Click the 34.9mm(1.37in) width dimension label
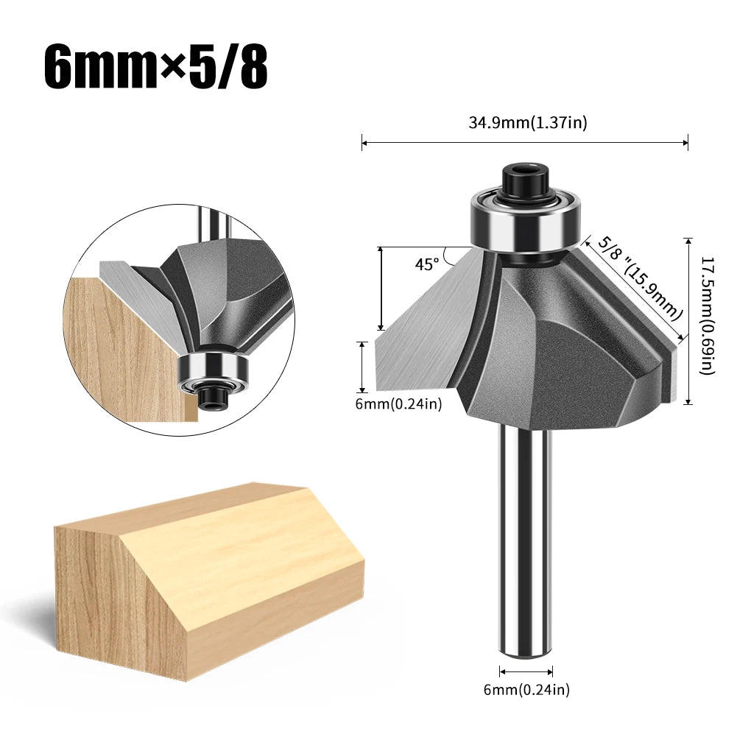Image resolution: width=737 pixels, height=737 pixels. coord(528,123)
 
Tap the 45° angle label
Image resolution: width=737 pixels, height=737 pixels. coord(426,264)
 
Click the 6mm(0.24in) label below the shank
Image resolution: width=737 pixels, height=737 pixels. coord(527,689)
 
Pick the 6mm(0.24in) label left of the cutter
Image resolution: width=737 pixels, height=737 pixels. coord(398,403)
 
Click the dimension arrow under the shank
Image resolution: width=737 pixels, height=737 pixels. coord(526,671)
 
